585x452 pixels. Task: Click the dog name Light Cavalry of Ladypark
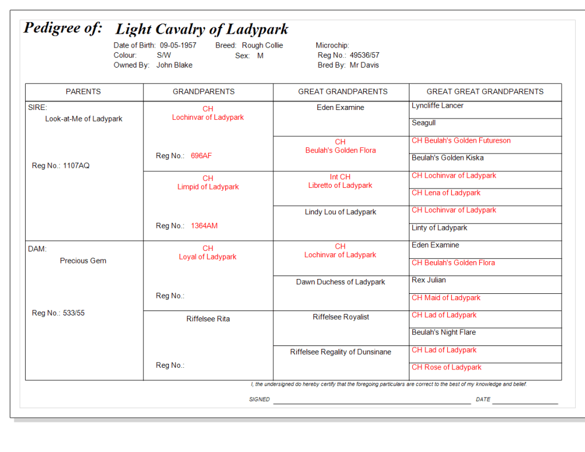point(201,29)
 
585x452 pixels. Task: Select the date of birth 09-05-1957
point(178,45)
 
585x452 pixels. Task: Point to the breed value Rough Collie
point(262,45)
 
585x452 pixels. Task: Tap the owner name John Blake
point(174,65)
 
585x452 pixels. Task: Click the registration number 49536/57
point(364,56)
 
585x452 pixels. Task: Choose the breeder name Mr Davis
point(364,65)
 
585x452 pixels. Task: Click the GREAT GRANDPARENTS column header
point(343,92)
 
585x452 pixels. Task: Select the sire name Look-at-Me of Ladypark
point(83,119)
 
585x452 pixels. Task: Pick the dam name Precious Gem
point(83,261)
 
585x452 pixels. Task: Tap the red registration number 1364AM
point(204,226)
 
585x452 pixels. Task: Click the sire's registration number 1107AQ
point(76,166)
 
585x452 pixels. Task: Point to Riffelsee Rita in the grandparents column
point(208,319)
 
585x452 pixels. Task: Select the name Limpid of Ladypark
point(208,187)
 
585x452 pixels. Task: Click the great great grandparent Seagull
point(424,123)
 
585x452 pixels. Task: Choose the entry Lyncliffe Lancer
point(437,106)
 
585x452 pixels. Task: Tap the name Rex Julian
point(428,280)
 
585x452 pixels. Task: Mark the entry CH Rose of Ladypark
point(447,367)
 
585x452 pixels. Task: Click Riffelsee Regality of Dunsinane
point(340,352)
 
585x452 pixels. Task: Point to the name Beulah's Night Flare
point(443,332)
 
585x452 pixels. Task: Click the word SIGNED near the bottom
point(259,399)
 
